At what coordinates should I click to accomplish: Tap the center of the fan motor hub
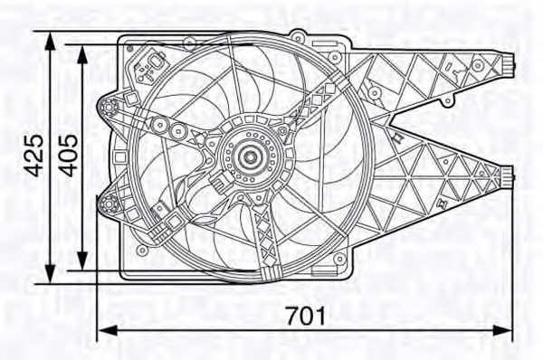pos(246,157)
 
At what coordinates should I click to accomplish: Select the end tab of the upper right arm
pos(510,63)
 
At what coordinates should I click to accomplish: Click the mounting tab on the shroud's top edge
pos(296,34)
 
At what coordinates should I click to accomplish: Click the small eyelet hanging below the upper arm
pos(399,137)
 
